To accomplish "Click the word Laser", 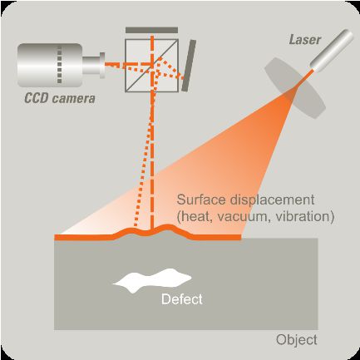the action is [x=305, y=40].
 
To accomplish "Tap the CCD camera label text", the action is [x=60, y=98].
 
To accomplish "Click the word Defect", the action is [x=182, y=299].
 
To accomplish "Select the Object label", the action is [x=297, y=340].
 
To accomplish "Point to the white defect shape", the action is [x=152, y=280].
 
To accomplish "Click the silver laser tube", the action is [x=332, y=49].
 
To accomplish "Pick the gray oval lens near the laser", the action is [x=295, y=88].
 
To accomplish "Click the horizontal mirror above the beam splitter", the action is [x=151, y=30].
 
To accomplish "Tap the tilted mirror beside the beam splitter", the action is [x=189, y=66].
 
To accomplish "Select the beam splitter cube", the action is [x=151, y=66].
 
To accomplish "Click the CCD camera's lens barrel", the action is [x=94, y=66].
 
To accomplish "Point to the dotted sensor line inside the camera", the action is [x=59, y=65].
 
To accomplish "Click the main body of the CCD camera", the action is [x=50, y=65].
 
